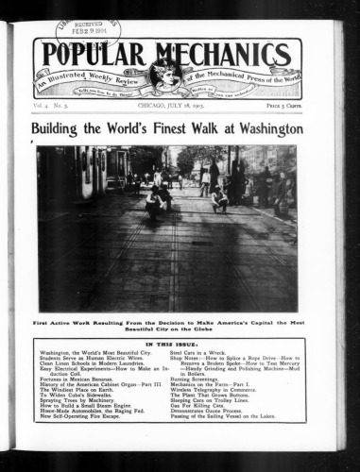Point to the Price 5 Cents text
coord(281,110)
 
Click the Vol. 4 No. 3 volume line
coord(56,110)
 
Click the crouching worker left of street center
coord(154,199)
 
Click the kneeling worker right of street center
coord(220,198)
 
